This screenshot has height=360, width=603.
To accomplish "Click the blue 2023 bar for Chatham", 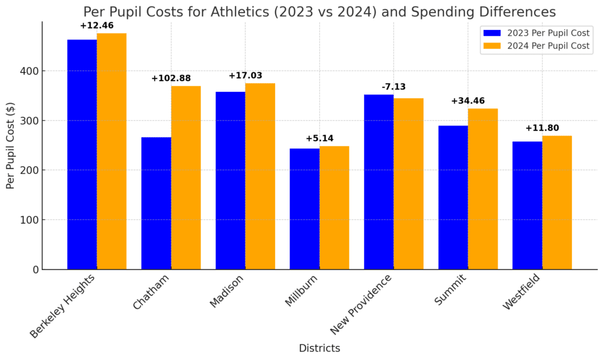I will click(156, 203).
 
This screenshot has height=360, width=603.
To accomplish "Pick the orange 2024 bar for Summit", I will click(483, 189).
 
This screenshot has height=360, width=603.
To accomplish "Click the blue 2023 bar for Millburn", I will click(304, 209).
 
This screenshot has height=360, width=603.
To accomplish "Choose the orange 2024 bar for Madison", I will click(260, 176).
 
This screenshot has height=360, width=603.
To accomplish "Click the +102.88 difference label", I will click(171, 78).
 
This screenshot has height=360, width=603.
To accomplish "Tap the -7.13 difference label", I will click(393, 87).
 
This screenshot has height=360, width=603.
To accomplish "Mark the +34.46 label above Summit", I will click(468, 101).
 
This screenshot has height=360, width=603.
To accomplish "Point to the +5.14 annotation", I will click(319, 138).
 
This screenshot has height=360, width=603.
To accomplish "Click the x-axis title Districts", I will click(319, 348).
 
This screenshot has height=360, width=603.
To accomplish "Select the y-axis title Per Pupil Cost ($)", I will click(11, 145).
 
